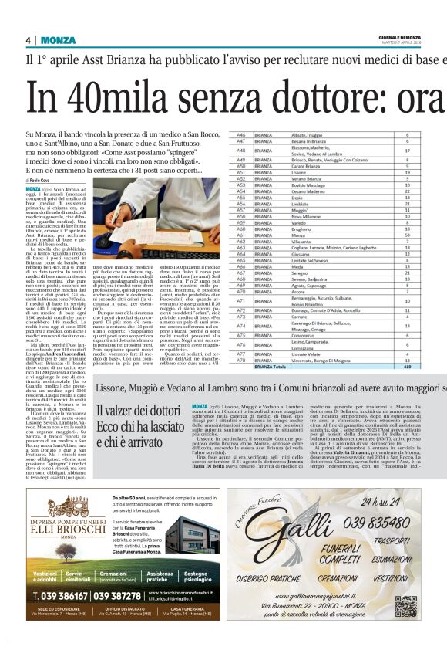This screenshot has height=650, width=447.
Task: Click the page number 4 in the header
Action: pyautogui.click(x=28, y=40)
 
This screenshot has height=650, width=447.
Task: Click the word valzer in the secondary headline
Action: pyautogui.click(x=122, y=412)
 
